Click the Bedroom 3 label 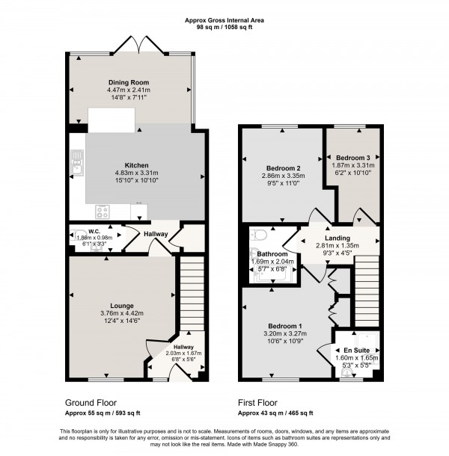[352, 158]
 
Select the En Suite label [357, 349]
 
